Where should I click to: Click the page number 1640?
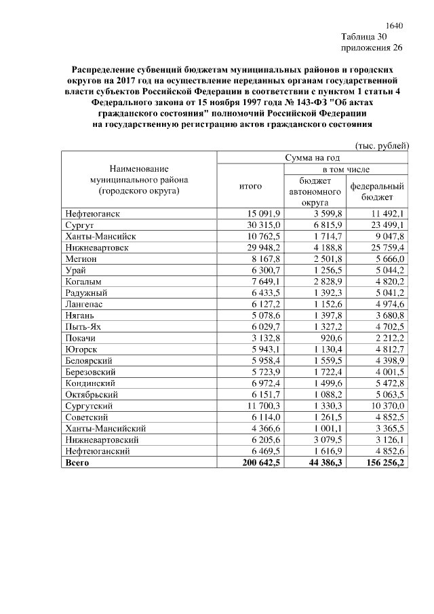coord(393,26)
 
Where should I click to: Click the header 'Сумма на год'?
coord(312,158)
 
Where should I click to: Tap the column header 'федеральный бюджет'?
coord(377,191)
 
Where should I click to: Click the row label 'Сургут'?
coord(80,225)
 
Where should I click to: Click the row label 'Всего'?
coord(77,463)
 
